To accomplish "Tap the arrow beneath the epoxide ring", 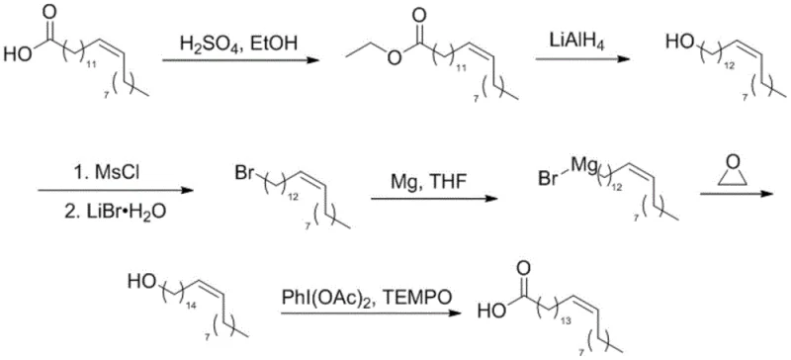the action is pos(736,196).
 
